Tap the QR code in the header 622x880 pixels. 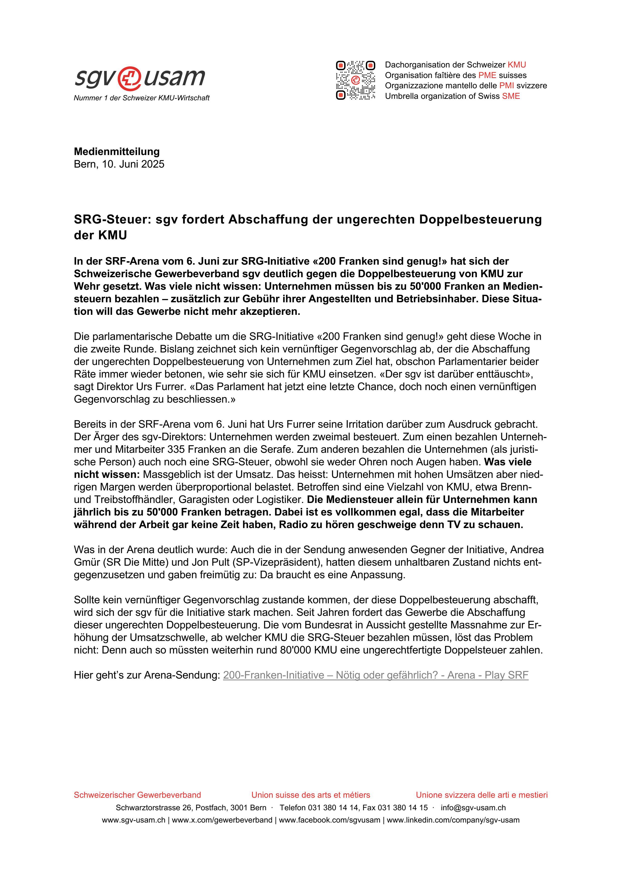[355, 80]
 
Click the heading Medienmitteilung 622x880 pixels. [116, 152]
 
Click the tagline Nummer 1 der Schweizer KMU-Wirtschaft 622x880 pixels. [142, 98]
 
